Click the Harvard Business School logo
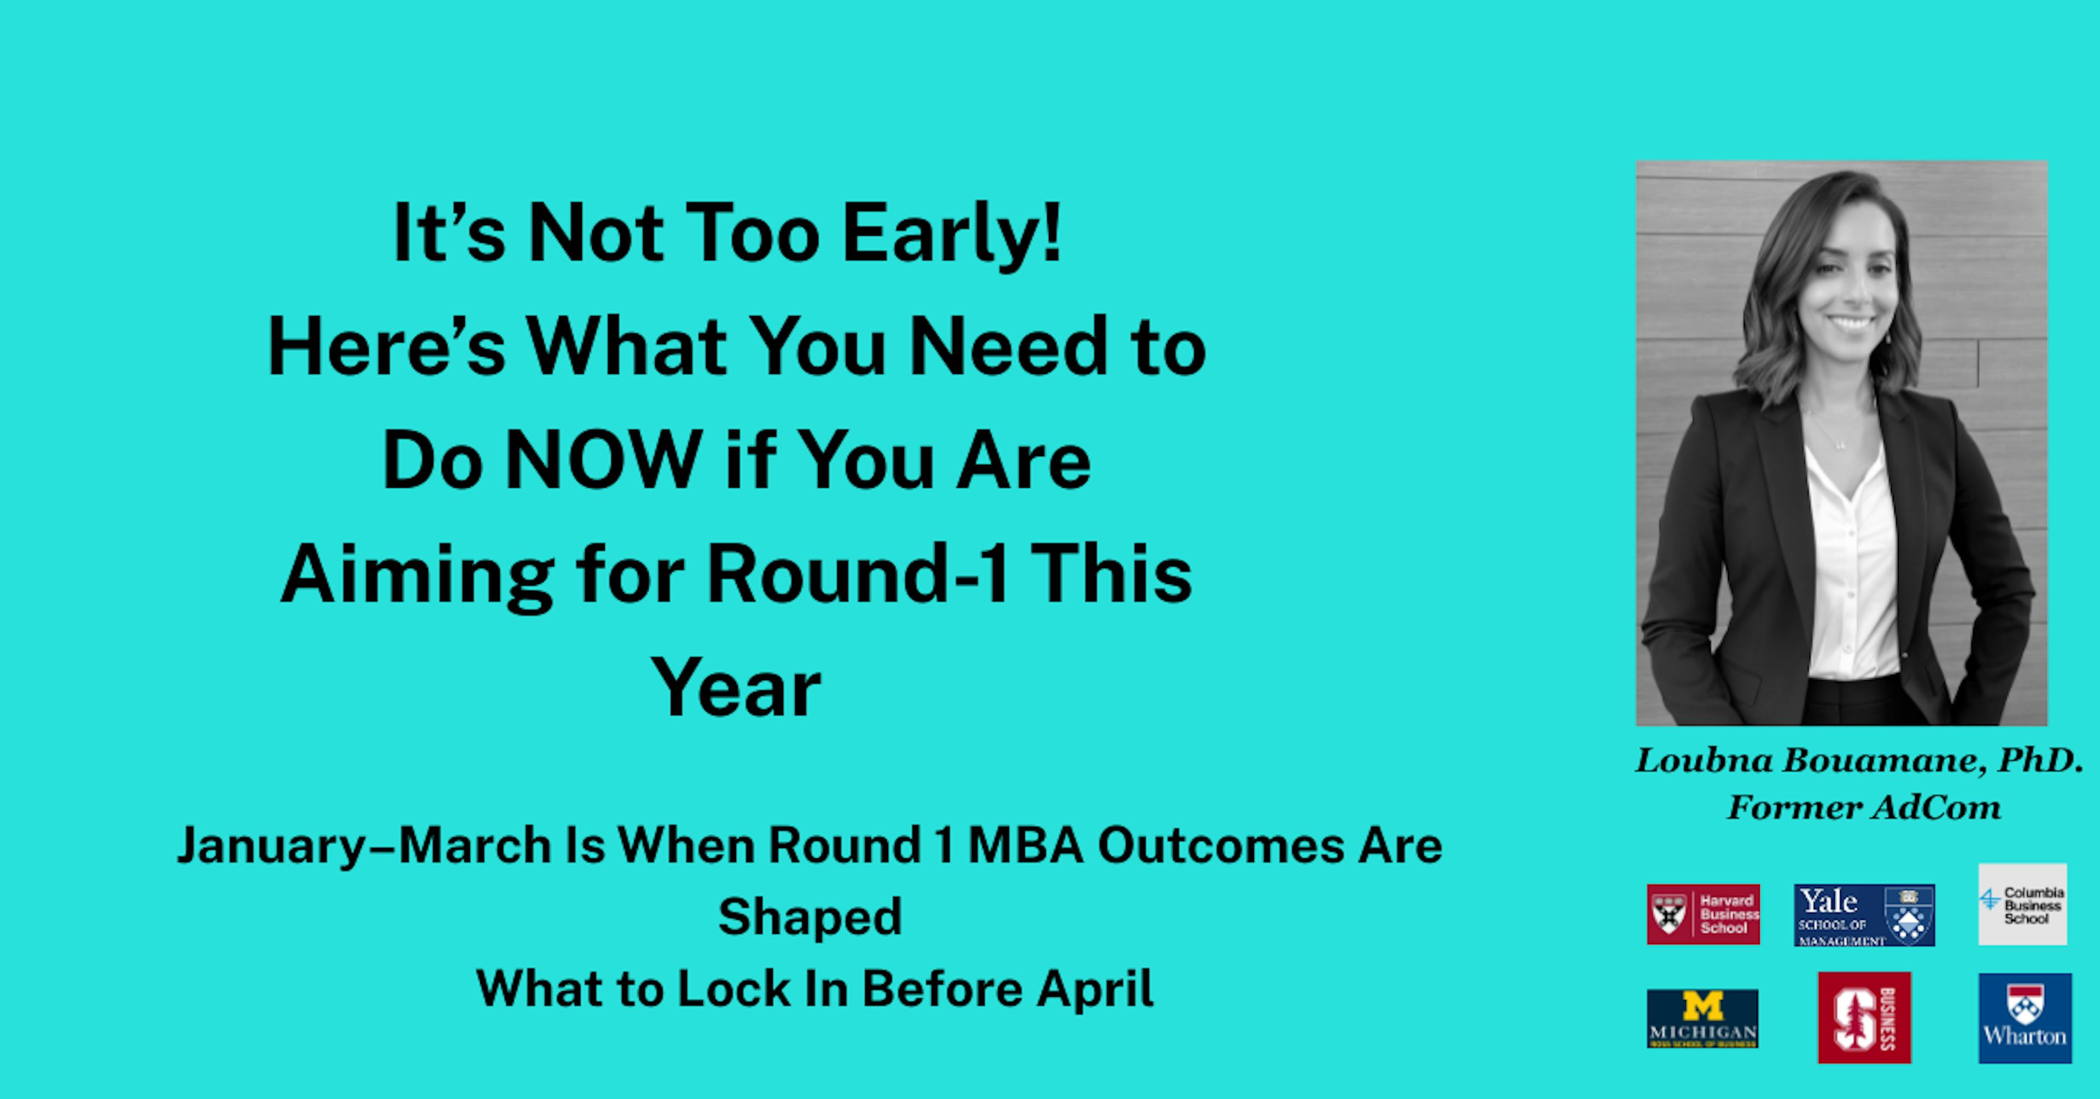pos(1703,914)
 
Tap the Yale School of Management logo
pos(1864,915)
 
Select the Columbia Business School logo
pos(2022,904)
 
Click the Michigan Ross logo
pos(1702,1018)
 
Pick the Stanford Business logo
pos(1864,1018)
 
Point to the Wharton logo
pos(2024,1018)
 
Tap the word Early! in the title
pos(952,234)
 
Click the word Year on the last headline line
pos(736,689)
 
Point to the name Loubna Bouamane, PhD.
pos(1859,761)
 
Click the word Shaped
pos(809,917)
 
